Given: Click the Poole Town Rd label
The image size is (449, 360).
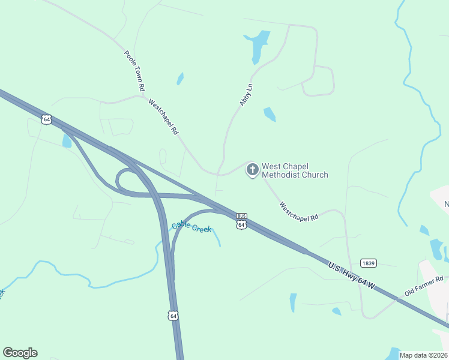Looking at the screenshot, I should coord(135,71).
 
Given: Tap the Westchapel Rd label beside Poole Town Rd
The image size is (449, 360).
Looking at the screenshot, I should coord(163,117).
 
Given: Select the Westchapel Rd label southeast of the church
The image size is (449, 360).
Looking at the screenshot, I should coord(298,212).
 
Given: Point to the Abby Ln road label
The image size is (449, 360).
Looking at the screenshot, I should coord(246,95).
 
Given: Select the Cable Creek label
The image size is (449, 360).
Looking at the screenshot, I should coord(191,227).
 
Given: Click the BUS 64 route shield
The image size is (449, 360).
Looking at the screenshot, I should coord(241,221).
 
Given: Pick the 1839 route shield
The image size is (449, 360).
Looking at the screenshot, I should coord(369,263).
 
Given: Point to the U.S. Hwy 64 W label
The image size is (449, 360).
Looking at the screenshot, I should coord(352,275).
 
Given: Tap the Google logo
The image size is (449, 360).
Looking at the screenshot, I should coord(20,353).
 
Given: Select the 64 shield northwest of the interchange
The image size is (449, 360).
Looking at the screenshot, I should coord(47,119).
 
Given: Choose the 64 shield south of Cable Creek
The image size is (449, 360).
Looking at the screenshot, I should coord(172,316).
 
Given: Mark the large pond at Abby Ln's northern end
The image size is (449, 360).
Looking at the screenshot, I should coord(258,44).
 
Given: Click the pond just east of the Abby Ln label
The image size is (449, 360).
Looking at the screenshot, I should coord(270,114).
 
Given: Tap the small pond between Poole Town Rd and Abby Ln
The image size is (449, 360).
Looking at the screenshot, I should coord(179,79).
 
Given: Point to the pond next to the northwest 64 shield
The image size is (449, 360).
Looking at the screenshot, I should coord(67,141).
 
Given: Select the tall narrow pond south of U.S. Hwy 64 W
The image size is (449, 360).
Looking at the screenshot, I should coord(292,302).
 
